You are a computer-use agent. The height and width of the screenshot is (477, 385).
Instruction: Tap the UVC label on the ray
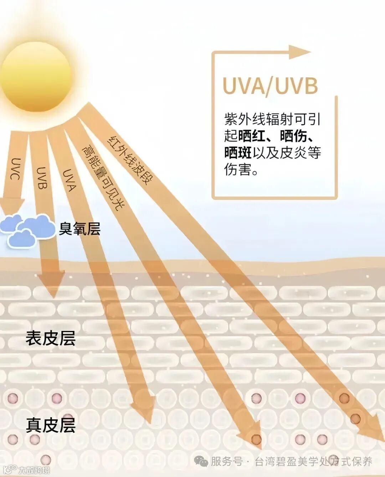click(x=16, y=168)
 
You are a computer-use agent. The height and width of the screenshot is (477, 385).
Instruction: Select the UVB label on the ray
click(x=42, y=178)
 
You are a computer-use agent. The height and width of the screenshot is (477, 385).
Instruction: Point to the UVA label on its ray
click(x=69, y=180)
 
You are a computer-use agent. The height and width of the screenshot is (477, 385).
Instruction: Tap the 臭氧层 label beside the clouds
click(x=79, y=229)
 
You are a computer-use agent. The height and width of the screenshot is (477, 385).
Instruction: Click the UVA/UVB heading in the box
click(x=270, y=86)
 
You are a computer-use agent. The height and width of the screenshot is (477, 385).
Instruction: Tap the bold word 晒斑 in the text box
click(x=238, y=152)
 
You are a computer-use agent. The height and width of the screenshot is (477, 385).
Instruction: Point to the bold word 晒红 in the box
click(x=252, y=136)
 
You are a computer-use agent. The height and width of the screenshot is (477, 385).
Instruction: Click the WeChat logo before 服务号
click(x=201, y=462)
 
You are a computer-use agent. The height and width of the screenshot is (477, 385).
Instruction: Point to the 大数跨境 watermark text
click(x=34, y=470)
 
